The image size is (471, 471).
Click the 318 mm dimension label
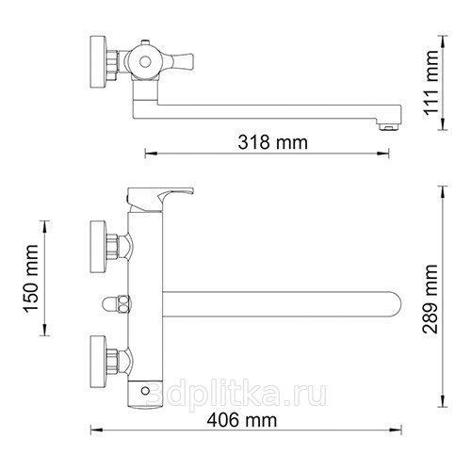click(x=272, y=142)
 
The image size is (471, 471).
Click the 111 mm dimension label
click(x=430, y=83)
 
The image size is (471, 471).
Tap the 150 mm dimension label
click(x=31, y=279)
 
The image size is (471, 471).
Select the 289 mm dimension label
click(x=430, y=299)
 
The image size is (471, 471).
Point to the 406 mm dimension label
click(x=242, y=420)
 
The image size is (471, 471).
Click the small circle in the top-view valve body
click(x=145, y=62)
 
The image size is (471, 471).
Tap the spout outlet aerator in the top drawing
click(x=389, y=127)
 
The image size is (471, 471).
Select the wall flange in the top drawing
click(x=99, y=62)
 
